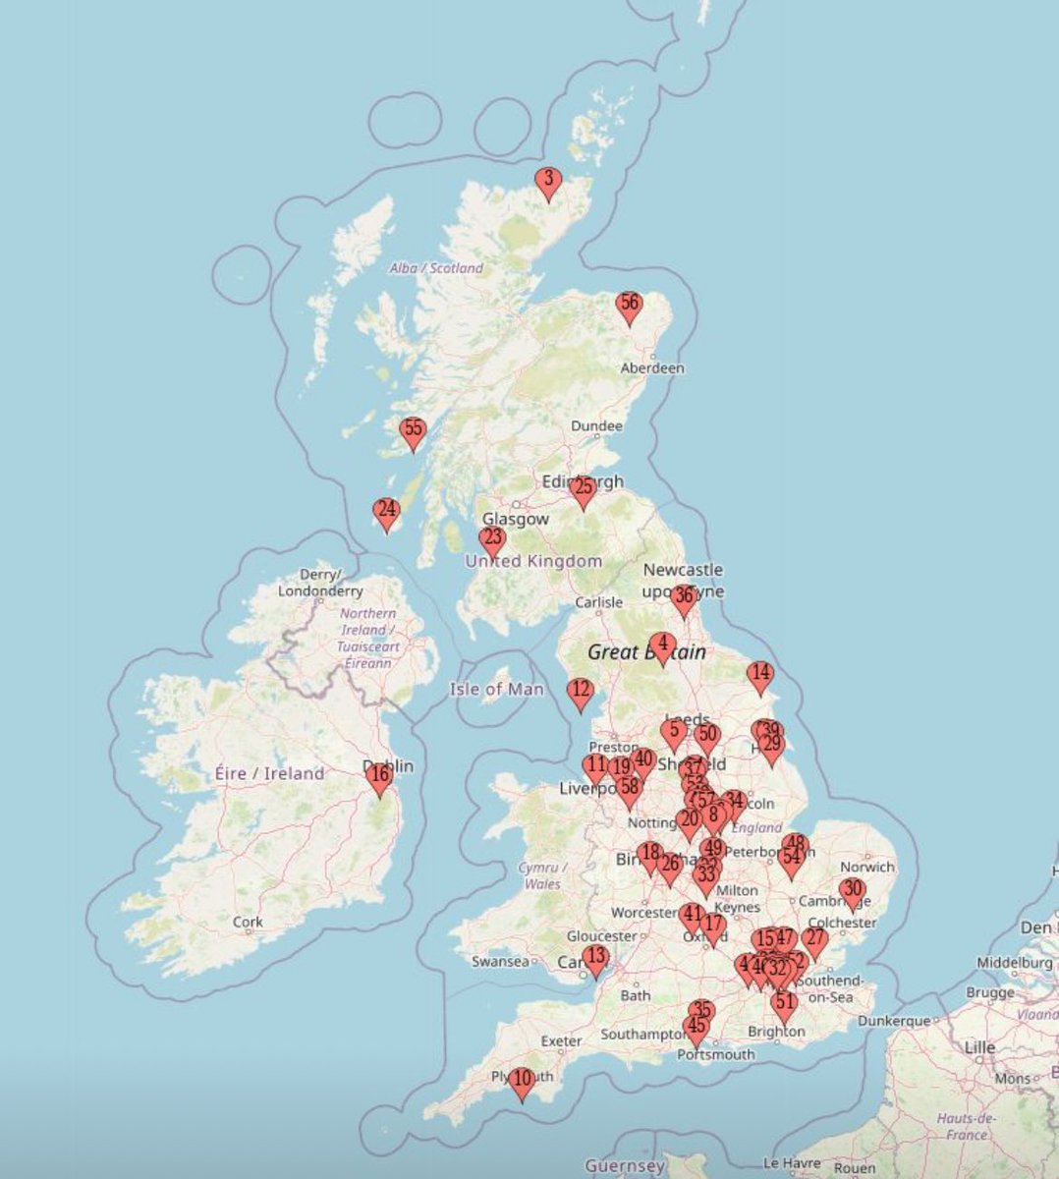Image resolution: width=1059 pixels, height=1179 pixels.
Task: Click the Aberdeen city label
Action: click(652, 367)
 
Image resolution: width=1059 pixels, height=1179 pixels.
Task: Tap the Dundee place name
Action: click(596, 426)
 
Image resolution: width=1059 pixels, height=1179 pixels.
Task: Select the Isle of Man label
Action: click(496, 689)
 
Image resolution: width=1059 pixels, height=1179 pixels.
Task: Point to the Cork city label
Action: click(249, 922)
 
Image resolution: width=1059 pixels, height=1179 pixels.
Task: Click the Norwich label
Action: click(867, 867)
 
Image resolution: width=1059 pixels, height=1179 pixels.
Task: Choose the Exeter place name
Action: click(561, 1040)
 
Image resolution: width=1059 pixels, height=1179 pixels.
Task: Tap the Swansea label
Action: click(500, 961)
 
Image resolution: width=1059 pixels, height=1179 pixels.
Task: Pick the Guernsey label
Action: click(625, 1166)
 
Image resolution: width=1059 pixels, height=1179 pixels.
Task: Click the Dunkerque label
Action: click(894, 1021)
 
